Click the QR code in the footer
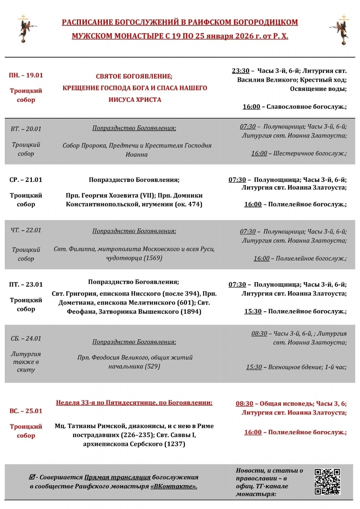(x=327, y=481)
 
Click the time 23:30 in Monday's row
(x=240, y=71)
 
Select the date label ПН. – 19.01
(x=26, y=75)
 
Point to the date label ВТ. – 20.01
(x=26, y=129)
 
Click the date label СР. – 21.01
(x=26, y=180)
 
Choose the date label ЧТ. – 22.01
(x=26, y=230)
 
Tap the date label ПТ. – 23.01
(x=26, y=284)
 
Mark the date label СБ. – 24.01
(x=26, y=338)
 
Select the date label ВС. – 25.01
(x=26, y=411)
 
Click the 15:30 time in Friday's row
(x=253, y=311)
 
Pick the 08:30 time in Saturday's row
(x=259, y=333)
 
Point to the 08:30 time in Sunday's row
(x=244, y=404)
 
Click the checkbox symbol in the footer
(x=32, y=477)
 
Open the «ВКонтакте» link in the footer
(x=174, y=486)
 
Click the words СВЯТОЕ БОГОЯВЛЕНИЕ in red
(x=134, y=76)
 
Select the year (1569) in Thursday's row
(x=153, y=258)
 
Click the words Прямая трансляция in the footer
(x=117, y=477)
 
